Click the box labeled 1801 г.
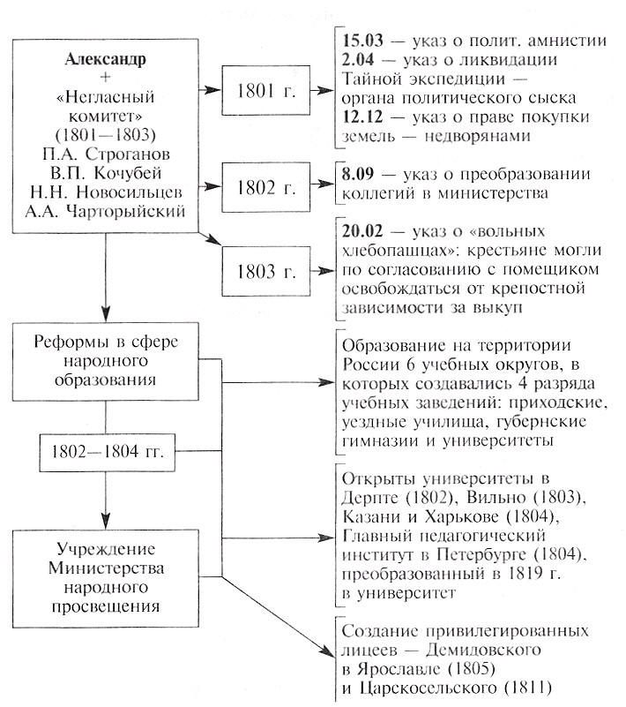point(265,90)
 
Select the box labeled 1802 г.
point(265,187)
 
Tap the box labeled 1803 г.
point(265,271)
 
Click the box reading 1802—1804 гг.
point(108,452)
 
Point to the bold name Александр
point(106,59)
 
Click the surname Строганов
point(128,154)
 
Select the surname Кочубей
point(128,173)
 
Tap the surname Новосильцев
point(130,192)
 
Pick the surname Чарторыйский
point(125,212)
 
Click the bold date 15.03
point(362,41)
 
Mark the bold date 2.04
point(358,59)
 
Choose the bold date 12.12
point(362,117)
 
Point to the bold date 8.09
point(358,174)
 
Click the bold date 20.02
point(362,231)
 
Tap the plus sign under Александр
point(106,78)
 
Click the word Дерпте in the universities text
point(370,498)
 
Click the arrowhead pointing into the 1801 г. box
point(212,90)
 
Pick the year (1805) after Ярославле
point(470,669)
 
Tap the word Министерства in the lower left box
point(106,568)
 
